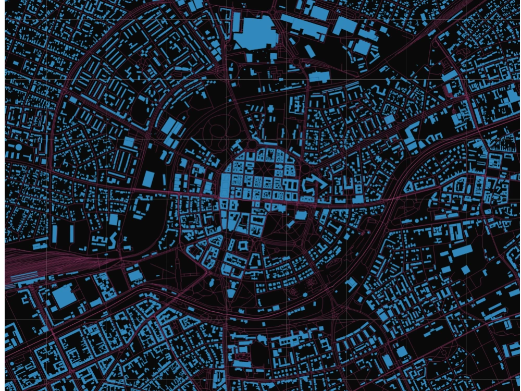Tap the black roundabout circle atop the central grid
pos(253,144)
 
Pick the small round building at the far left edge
pos(18,148)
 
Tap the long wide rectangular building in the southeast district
pos(462,252)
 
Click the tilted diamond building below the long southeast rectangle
pos(465,270)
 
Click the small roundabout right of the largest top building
pos(296,62)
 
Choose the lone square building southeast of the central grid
pos(301,215)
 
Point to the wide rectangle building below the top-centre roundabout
pos(319,77)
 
